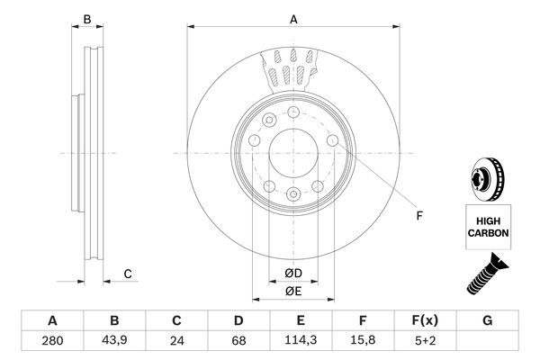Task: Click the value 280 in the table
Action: click(x=52, y=341)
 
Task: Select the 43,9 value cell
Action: click(x=114, y=341)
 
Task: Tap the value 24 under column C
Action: click(x=176, y=341)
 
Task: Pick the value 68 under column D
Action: click(x=238, y=341)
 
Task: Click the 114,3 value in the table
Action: click(x=301, y=341)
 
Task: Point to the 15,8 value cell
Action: click(x=363, y=341)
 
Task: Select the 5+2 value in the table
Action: click(x=425, y=341)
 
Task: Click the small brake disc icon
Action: click(x=489, y=177)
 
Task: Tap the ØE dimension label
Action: click(x=292, y=291)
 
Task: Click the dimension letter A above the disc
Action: click(x=292, y=19)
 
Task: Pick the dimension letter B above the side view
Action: click(x=87, y=19)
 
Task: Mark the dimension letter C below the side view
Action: click(x=129, y=274)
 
